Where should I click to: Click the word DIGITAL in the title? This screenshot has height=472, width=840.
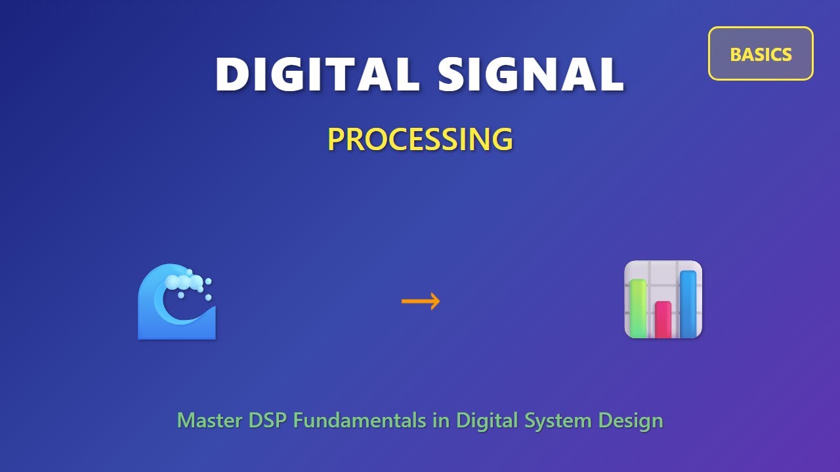pyautogui.click(x=317, y=73)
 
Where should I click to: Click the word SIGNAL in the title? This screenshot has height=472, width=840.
pyautogui.click(x=531, y=73)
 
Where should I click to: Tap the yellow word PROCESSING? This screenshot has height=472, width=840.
pyautogui.click(x=420, y=140)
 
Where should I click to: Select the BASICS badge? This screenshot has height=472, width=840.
pyautogui.click(x=761, y=54)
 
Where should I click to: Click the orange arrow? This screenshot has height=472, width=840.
pyautogui.click(x=420, y=302)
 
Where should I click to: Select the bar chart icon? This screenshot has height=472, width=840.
pyautogui.click(x=663, y=300)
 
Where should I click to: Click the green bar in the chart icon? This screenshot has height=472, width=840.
pyautogui.click(x=638, y=308)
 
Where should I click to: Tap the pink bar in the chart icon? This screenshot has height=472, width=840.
pyautogui.click(x=663, y=319)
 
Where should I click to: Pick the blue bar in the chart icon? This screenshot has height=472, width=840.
pyautogui.click(x=688, y=304)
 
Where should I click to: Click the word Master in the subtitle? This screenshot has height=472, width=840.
pyautogui.click(x=210, y=420)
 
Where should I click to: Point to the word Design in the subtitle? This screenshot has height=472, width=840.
pyautogui.click(x=633, y=420)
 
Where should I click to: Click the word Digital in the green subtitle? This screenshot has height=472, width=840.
pyautogui.click(x=487, y=420)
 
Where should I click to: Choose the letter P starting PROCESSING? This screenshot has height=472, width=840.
pyautogui.click(x=335, y=140)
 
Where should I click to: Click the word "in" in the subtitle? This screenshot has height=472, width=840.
pyautogui.click(x=440, y=420)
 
